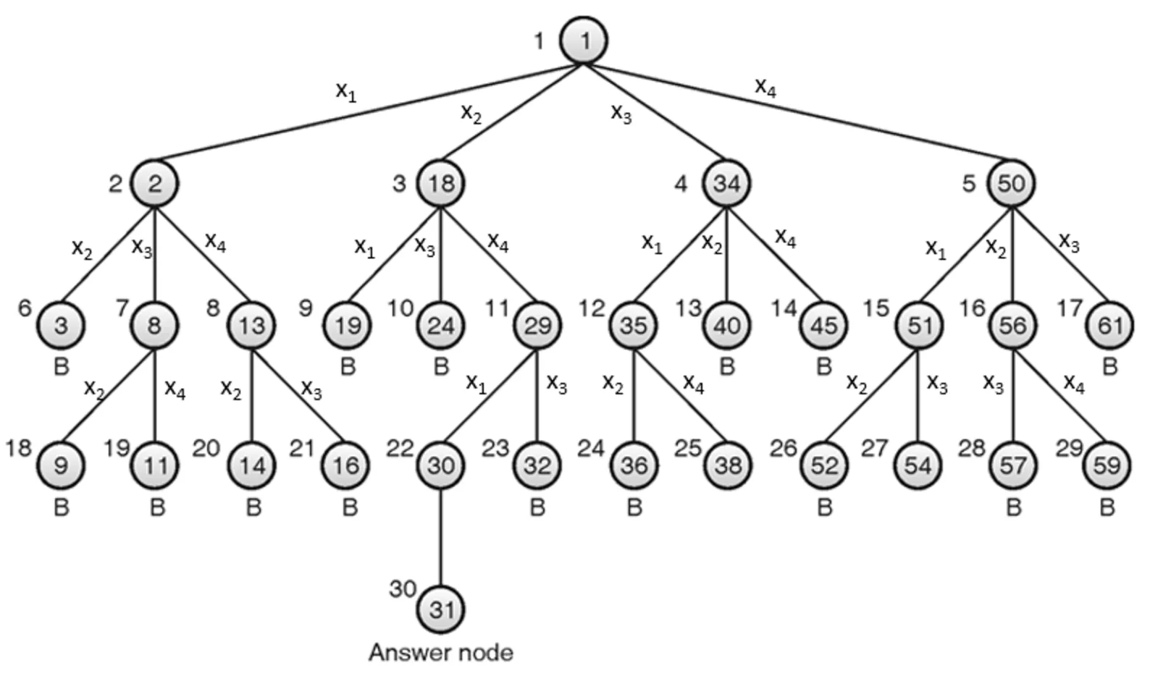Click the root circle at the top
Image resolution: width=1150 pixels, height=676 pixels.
click(584, 41)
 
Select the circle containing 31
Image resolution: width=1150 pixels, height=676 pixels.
click(440, 609)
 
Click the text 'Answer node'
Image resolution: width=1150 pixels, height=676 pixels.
click(440, 652)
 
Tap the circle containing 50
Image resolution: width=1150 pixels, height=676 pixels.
click(1012, 183)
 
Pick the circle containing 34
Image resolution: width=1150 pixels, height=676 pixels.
click(726, 183)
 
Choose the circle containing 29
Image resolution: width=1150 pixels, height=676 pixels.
click(537, 325)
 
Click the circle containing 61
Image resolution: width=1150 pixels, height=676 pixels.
click(1109, 325)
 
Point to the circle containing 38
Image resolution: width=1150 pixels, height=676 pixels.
click(728, 465)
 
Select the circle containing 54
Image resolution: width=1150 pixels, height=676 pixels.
click(918, 465)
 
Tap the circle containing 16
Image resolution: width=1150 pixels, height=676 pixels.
click(346, 465)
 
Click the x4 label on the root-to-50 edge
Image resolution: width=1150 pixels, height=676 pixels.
click(765, 88)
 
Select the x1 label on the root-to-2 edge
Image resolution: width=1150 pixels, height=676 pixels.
click(346, 91)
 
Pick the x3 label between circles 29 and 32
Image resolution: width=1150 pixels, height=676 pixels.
click(556, 383)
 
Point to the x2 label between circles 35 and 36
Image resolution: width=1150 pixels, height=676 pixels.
click(613, 384)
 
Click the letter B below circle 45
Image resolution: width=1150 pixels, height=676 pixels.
click(823, 366)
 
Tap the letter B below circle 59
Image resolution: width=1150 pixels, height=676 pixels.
click(1107, 508)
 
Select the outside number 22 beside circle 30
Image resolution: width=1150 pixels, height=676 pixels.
click(399, 449)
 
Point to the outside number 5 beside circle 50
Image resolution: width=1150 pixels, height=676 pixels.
click(969, 183)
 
